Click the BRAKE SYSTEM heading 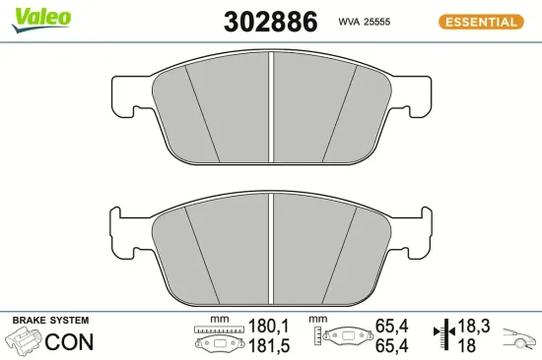click(49, 321)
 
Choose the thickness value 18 click(468, 345)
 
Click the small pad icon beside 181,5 click(219, 345)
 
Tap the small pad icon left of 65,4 click(341, 337)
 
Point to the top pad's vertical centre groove click(271, 108)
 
